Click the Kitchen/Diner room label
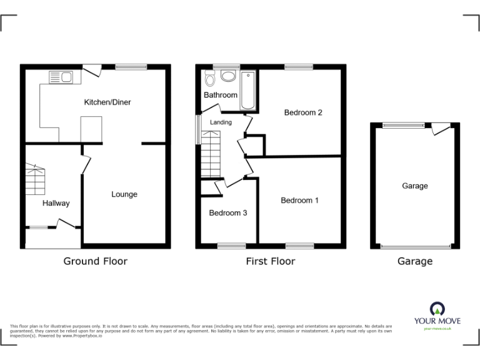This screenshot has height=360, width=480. (x=107, y=102)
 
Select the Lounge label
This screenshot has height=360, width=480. (x=124, y=194)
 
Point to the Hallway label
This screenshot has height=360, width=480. (x=56, y=203)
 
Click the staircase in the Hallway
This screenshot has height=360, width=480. (x=36, y=179)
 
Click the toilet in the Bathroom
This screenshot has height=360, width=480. (x=209, y=79)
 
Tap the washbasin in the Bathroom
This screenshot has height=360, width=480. (x=227, y=76)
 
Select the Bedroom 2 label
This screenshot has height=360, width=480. (x=303, y=113)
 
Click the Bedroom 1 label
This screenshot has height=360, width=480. (x=299, y=201)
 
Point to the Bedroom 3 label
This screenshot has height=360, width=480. (x=227, y=213)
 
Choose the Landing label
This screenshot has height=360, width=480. (x=221, y=122)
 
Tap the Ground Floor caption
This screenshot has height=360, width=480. (x=95, y=261)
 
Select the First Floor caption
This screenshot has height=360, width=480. (x=270, y=261)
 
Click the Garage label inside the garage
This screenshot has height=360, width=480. (x=415, y=186)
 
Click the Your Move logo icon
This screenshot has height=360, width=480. (x=437, y=308)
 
